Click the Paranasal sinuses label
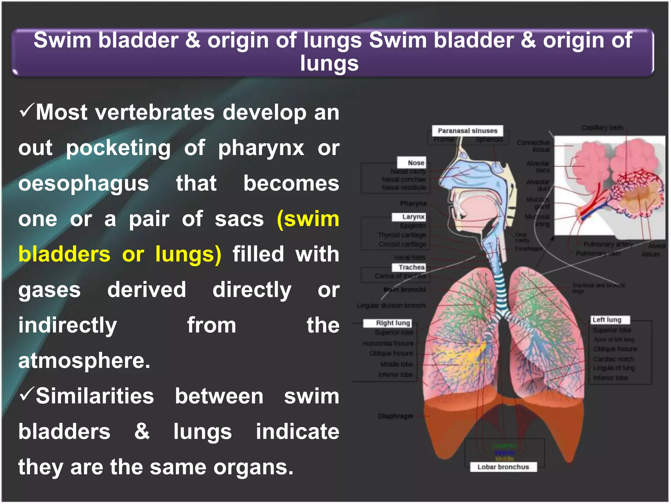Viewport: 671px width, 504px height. [x=467, y=131]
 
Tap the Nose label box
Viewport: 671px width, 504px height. [x=412, y=162]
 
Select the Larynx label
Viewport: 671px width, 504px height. [x=409, y=217]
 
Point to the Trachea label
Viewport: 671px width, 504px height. [x=409, y=267]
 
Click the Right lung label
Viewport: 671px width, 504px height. [x=388, y=323]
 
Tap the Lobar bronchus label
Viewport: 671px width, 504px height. [x=503, y=467]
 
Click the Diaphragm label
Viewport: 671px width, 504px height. [x=395, y=416]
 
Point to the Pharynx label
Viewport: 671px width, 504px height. [x=413, y=203]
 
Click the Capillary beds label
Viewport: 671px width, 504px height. [x=602, y=127]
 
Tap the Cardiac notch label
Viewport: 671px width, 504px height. [x=613, y=359]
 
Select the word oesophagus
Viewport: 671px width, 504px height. [x=84, y=184]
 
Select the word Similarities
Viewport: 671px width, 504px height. [x=95, y=396]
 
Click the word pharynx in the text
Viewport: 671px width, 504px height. [x=261, y=148]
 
